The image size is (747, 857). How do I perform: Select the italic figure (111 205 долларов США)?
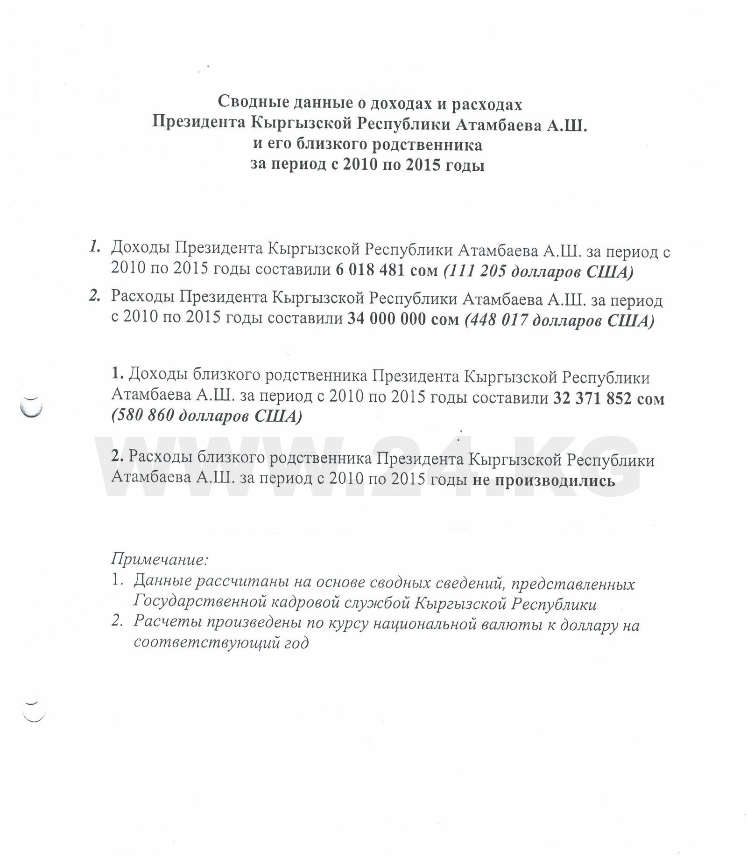coord(538,272)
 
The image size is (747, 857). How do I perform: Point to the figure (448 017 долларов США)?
coord(559,320)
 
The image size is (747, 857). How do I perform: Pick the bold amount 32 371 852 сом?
coord(608,398)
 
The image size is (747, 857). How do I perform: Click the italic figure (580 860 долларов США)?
coord(206,416)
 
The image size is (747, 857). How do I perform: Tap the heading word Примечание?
coord(160,558)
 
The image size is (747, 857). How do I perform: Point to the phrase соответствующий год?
coord(221,643)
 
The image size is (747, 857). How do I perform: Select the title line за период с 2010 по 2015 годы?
coord(367,165)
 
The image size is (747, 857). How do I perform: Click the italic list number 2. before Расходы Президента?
coord(95,296)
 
